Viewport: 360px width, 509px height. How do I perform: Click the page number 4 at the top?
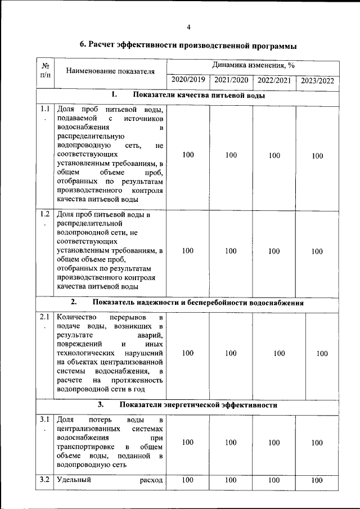pos(189,26)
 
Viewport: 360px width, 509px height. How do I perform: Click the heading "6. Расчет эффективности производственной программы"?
pos(188,46)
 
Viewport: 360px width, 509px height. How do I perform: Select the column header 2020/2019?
pos(188,80)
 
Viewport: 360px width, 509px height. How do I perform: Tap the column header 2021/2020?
pos(231,80)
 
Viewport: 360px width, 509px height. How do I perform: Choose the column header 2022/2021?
pos(274,80)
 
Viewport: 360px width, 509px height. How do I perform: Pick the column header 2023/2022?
pos(317,80)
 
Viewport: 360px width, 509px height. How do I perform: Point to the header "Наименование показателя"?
pos(110,71)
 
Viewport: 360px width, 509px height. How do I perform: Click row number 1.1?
pos(45,109)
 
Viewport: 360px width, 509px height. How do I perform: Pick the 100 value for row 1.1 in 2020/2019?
pos(188,155)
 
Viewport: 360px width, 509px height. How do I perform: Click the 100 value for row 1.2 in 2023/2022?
pos(317,251)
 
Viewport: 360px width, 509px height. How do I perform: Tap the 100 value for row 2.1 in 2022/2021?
pos(279,353)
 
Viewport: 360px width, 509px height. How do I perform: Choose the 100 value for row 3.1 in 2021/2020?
pos(231,443)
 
